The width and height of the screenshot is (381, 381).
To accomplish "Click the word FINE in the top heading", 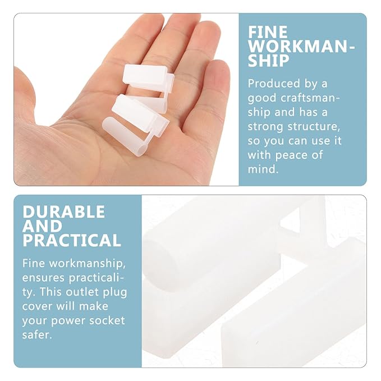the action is pyautogui.click(x=268, y=32).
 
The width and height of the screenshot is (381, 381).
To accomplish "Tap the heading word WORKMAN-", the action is pyautogui.click(x=301, y=46).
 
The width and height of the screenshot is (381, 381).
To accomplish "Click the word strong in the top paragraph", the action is pyautogui.click(x=265, y=127).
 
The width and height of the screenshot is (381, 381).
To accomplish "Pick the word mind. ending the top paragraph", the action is pyautogui.click(x=263, y=169).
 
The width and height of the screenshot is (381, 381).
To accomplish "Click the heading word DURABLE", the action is pyautogui.click(x=63, y=212).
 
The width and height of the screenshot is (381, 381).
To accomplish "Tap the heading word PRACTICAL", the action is pyautogui.click(x=72, y=240).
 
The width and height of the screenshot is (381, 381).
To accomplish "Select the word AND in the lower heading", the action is pyautogui.click(x=42, y=226).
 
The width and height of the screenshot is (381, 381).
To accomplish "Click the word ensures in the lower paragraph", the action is pyautogui.click(x=43, y=278).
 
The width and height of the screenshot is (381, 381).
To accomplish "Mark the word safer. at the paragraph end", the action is pyautogui.click(x=37, y=334).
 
